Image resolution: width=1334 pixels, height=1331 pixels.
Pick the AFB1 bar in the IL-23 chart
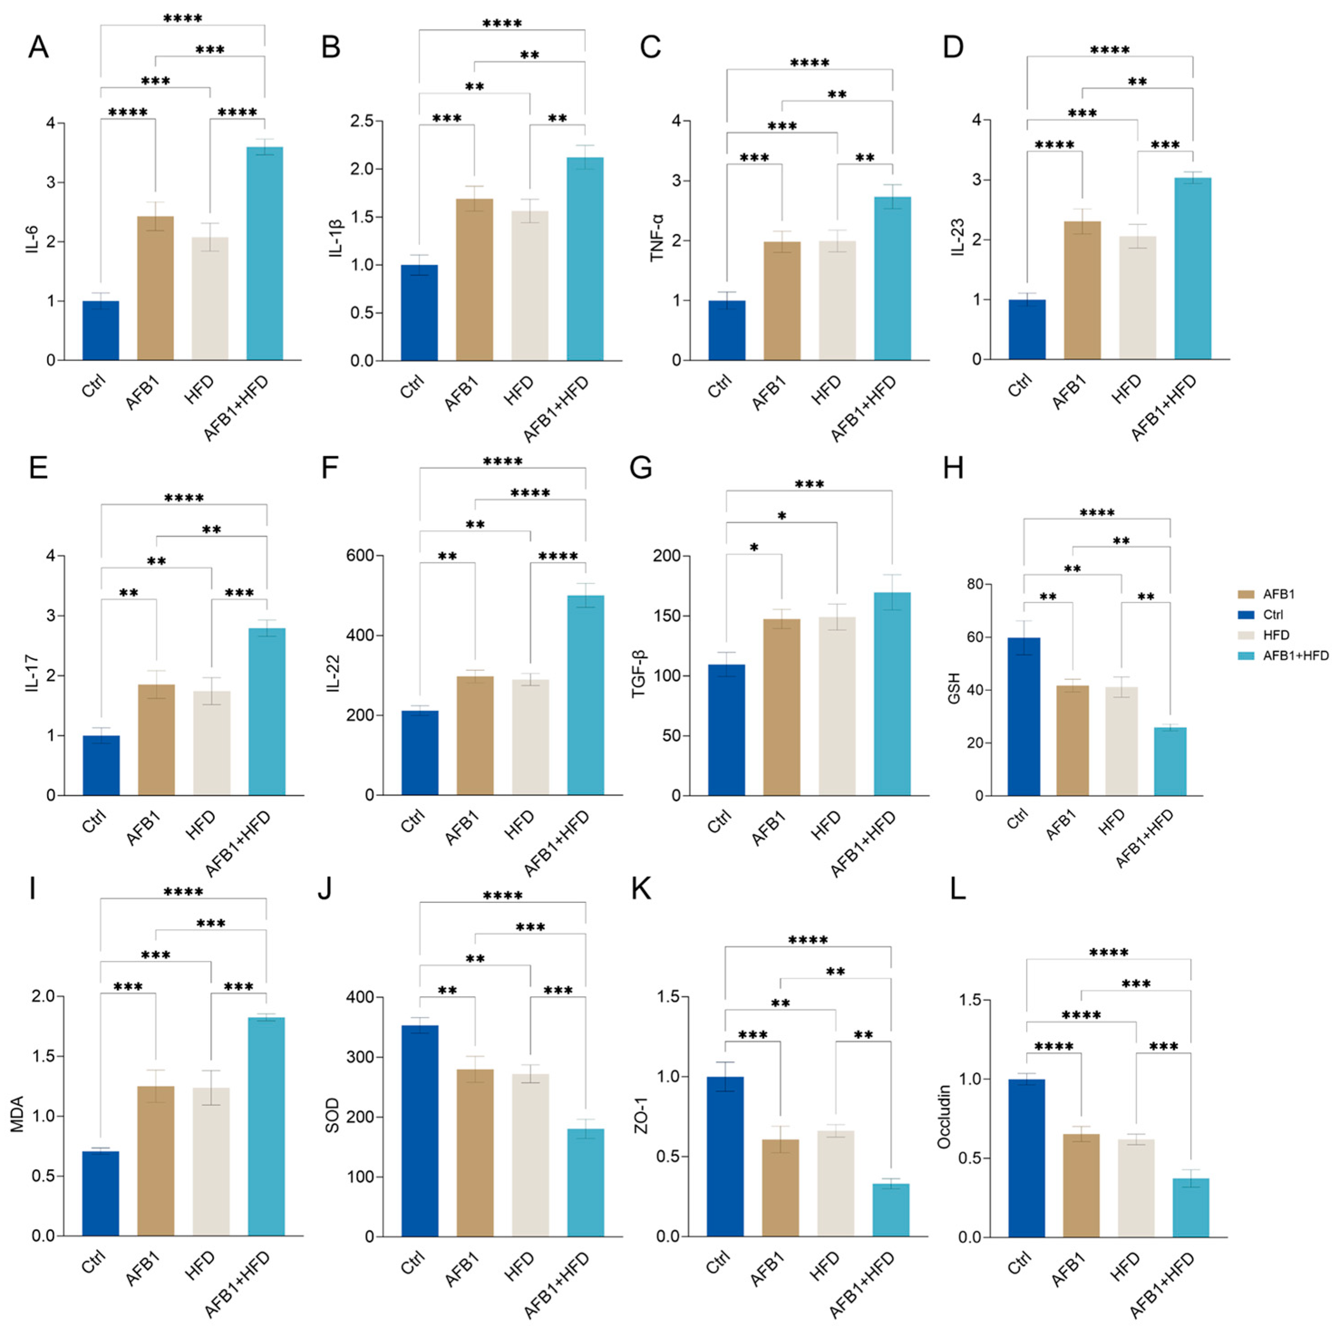point(1082,290)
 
